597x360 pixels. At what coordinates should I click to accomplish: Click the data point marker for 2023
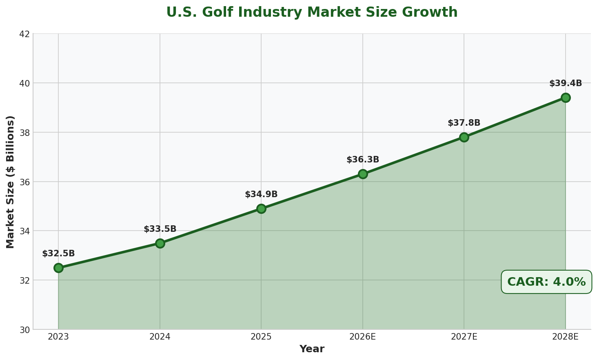click(x=58, y=268)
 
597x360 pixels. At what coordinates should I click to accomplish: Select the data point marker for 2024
click(x=160, y=243)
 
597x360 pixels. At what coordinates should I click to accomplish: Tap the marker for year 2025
click(x=261, y=209)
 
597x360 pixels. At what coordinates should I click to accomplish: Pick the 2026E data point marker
click(x=363, y=174)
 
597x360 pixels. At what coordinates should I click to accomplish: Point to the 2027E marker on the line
click(x=464, y=137)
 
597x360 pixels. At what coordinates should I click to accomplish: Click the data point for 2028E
click(x=566, y=98)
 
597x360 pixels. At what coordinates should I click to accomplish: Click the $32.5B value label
click(x=58, y=253)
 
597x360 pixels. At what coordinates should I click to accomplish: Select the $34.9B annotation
click(x=261, y=194)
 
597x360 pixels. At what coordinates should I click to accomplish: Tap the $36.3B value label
click(x=363, y=160)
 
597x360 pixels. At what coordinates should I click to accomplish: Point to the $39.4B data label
click(x=566, y=83)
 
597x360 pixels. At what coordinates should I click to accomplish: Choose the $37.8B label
click(x=464, y=123)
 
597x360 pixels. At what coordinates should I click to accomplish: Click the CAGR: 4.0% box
click(x=546, y=282)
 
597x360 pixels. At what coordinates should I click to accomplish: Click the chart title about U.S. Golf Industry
click(x=312, y=12)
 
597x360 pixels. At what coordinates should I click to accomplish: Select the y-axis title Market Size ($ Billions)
click(x=11, y=182)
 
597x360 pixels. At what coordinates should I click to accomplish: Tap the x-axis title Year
click(x=312, y=349)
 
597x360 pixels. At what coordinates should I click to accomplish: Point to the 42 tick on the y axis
click(x=25, y=34)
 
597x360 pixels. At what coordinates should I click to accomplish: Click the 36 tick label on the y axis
click(x=25, y=182)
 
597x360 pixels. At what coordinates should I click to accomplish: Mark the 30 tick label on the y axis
click(x=25, y=329)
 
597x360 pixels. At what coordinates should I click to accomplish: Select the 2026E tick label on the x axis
click(x=363, y=337)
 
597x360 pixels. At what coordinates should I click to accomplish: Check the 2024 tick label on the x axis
click(x=160, y=337)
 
